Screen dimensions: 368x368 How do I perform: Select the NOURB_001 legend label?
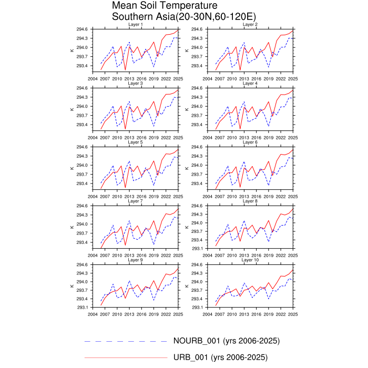pos(227,341)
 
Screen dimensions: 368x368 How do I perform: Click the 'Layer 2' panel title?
pos(250,25)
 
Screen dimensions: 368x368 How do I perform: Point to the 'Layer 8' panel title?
pos(250,201)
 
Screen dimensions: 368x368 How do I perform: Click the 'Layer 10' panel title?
pos(250,260)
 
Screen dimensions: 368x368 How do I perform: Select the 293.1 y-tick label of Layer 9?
pos(82,307)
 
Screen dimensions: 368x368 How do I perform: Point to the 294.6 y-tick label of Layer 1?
pos(82,29)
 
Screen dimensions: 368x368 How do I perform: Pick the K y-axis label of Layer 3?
pos(71,109)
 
